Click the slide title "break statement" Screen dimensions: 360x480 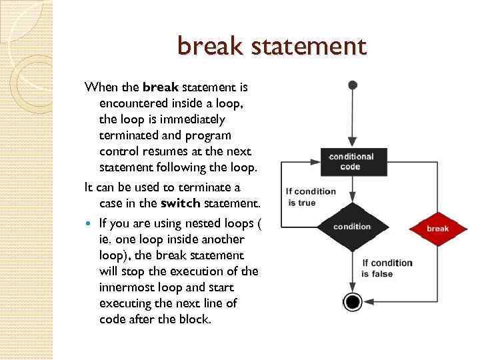272,47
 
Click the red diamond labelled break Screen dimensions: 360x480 437,229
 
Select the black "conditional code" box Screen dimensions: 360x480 351,161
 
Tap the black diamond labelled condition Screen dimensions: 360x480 352,227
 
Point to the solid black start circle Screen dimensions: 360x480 353,85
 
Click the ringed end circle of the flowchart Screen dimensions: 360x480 353,302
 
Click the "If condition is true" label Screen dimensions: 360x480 311,197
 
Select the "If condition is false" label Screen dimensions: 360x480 387,268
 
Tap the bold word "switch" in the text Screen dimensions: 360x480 181,203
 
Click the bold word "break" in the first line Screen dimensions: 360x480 161,87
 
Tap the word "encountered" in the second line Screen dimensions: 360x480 134,103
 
